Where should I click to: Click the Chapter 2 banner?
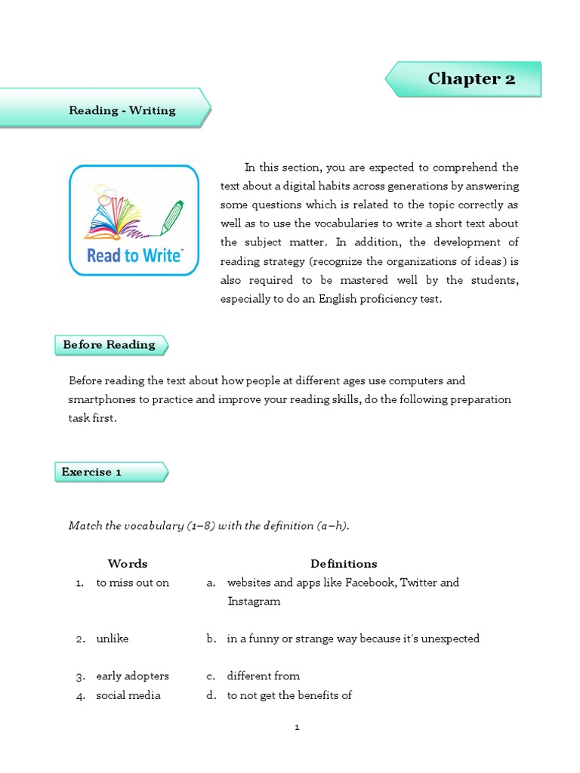click(471, 79)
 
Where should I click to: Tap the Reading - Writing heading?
click(122, 110)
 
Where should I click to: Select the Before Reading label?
click(109, 345)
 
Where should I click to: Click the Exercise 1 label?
click(92, 473)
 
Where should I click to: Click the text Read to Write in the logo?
click(134, 255)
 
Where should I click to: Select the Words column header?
click(128, 564)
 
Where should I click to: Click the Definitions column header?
click(344, 564)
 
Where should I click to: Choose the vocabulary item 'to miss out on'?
click(133, 583)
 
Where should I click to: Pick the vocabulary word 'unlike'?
click(113, 639)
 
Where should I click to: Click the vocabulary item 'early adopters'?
click(133, 676)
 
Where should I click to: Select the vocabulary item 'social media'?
click(128, 695)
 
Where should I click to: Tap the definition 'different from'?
click(264, 676)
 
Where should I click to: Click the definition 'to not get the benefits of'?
click(290, 695)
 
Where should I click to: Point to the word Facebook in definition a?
click(370, 583)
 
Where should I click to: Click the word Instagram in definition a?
click(254, 602)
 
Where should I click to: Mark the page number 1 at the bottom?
click(298, 728)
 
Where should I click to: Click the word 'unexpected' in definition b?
click(451, 639)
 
